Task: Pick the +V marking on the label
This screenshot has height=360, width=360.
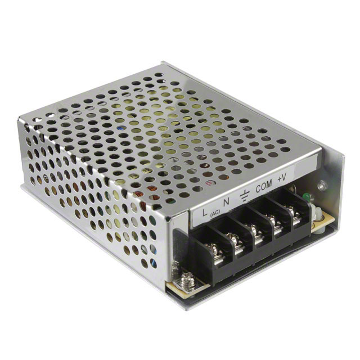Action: [282, 178]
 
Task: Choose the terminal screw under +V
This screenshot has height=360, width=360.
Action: [292, 211]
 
